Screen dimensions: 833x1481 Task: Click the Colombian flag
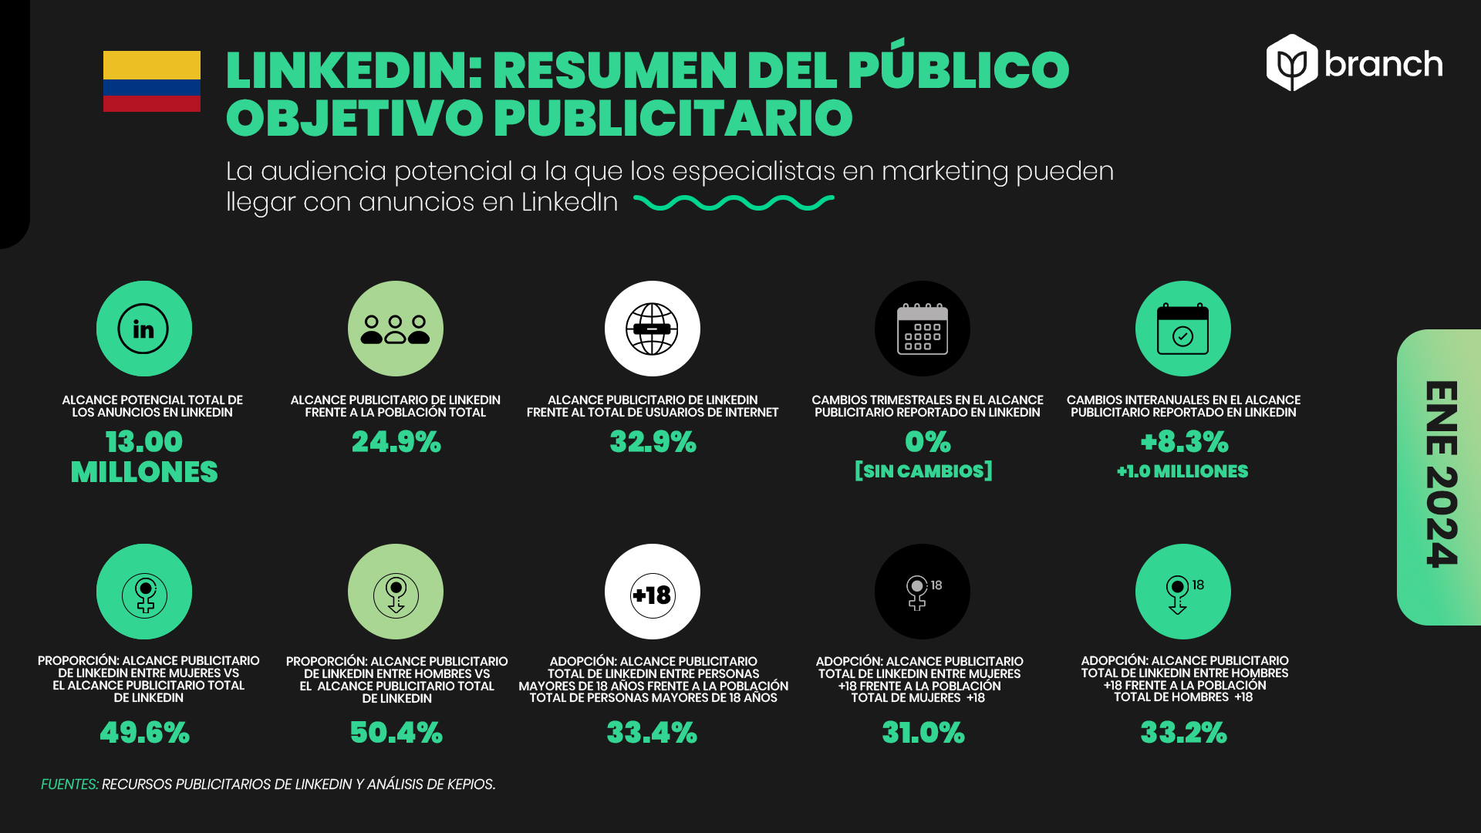click(152, 81)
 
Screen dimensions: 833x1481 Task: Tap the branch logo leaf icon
click(1292, 62)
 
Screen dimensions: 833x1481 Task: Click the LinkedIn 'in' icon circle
click(144, 329)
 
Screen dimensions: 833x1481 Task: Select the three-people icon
click(396, 329)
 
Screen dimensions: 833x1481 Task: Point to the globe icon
click(653, 329)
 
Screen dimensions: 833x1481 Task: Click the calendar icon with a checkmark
click(1182, 329)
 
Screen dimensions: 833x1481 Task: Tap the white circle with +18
click(653, 592)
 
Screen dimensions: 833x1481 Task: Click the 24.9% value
click(396, 442)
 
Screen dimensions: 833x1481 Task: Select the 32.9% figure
click(653, 442)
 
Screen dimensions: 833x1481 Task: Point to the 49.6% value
click(144, 733)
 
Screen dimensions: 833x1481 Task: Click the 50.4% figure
click(396, 733)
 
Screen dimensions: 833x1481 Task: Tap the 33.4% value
click(652, 733)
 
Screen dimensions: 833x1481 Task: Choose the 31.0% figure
click(923, 733)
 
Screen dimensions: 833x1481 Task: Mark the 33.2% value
click(1183, 733)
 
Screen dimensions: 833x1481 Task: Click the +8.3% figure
click(1184, 442)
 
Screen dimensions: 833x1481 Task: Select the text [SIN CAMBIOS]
click(923, 471)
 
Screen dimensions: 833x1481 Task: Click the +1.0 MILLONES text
click(1182, 471)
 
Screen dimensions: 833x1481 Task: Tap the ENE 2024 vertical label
click(1441, 474)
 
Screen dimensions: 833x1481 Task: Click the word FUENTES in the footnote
click(69, 784)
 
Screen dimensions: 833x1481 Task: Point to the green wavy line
click(734, 203)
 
